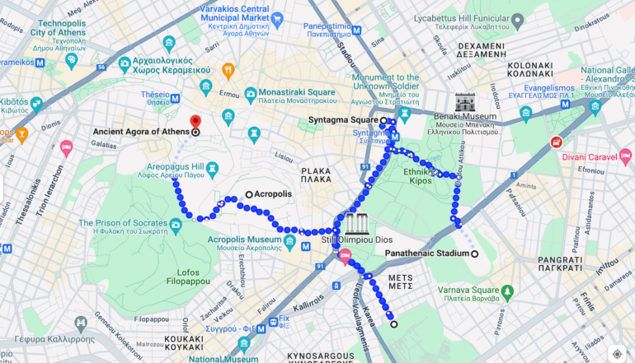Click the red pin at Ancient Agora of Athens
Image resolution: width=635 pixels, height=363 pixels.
point(195,122)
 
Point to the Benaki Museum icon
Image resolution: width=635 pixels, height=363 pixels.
point(465,103)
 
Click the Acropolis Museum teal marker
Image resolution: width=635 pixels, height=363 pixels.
point(289,242)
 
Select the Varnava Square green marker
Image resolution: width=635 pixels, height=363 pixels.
point(507,292)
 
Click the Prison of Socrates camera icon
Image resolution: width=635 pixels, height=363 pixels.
point(176,225)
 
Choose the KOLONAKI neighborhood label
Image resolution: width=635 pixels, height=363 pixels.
point(530,68)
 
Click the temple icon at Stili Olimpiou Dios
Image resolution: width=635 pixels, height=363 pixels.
point(357,223)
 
